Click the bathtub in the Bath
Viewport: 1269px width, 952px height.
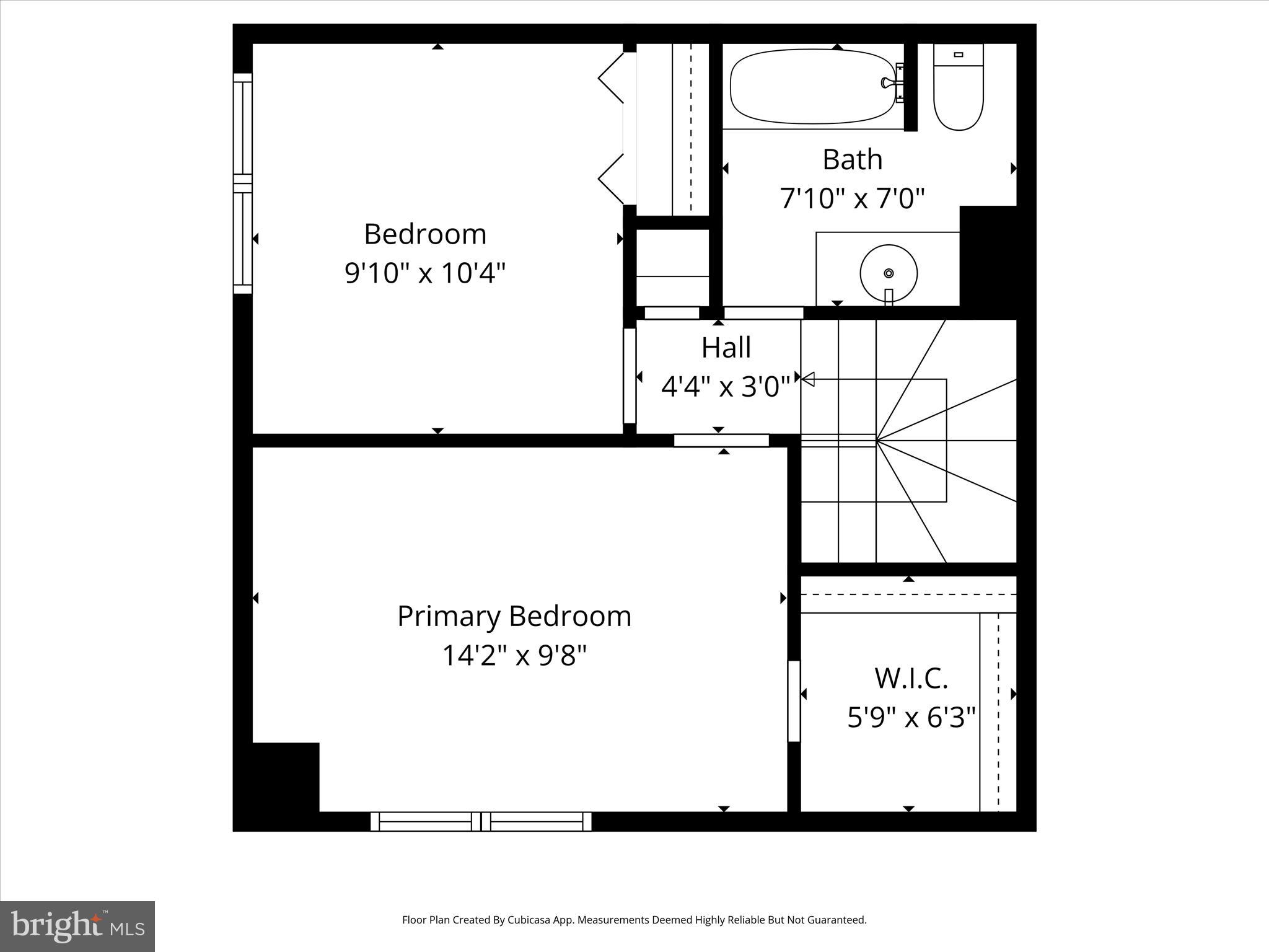pos(812,87)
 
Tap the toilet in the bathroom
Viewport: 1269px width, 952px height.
pos(958,90)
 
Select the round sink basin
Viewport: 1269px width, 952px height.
pos(889,273)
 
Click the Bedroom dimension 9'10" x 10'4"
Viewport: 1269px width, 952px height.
pos(425,273)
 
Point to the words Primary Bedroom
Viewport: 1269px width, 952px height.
pos(514,616)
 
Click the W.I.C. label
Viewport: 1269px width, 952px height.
pos(911,678)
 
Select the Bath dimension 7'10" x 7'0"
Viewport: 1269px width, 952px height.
pos(852,199)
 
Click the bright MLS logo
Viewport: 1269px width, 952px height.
pos(77,927)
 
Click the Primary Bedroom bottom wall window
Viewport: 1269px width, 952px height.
pos(481,822)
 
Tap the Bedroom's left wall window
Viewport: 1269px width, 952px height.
pos(243,183)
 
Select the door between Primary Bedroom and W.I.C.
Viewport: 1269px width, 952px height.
pos(794,701)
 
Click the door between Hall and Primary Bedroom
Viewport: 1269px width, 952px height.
pos(721,441)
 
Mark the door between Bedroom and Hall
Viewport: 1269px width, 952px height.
pos(630,376)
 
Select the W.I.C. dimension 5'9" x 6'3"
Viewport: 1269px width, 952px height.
pos(911,718)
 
